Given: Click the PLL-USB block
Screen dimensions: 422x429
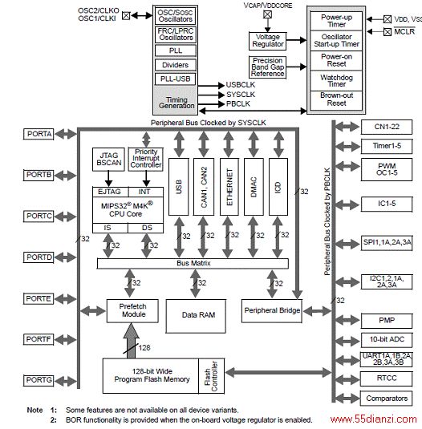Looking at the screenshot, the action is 176,79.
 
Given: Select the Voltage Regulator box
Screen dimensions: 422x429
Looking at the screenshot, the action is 268,41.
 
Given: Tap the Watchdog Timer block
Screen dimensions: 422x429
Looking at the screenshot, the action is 336,81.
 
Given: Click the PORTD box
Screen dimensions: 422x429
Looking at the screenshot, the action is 39,257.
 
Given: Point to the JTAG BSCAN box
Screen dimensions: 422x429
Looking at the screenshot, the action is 108,160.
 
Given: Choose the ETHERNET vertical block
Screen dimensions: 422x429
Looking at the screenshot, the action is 229,187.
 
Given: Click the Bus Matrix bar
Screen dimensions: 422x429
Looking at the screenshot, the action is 193,263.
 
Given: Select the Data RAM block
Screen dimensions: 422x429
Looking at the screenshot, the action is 196,316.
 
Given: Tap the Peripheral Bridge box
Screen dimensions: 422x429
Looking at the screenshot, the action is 272,310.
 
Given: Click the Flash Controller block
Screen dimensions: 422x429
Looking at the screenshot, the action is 211,376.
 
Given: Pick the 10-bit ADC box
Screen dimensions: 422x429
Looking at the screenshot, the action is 387,339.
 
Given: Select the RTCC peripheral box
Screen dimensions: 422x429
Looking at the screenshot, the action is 387,378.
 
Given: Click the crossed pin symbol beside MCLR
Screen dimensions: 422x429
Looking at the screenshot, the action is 388,32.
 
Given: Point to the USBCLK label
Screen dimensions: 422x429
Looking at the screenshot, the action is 240,85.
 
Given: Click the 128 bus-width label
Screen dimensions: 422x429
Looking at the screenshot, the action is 144,348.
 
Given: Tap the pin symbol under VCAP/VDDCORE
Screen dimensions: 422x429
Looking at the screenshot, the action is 267,14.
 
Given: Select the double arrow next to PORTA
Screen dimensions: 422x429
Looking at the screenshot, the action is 66,134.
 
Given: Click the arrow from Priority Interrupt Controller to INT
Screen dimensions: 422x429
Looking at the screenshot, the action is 146,179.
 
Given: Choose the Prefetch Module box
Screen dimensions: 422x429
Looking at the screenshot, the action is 132,310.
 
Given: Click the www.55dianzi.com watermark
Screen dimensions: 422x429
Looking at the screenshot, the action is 373,419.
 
